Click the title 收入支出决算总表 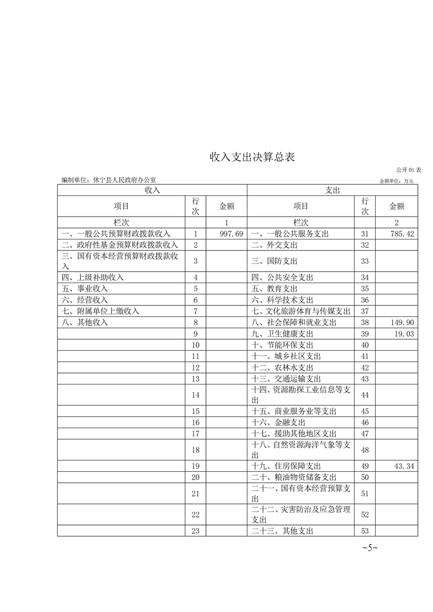tap(252, 158)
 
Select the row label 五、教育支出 tap(275, 289)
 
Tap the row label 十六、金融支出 tap(278, 422)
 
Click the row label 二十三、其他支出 tap(282, 530)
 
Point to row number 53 tap(365, 530)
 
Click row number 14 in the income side tap(196, 394)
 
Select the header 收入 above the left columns tap(152, 190)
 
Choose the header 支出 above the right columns tap(332, 190)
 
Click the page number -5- tap(371, 548)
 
